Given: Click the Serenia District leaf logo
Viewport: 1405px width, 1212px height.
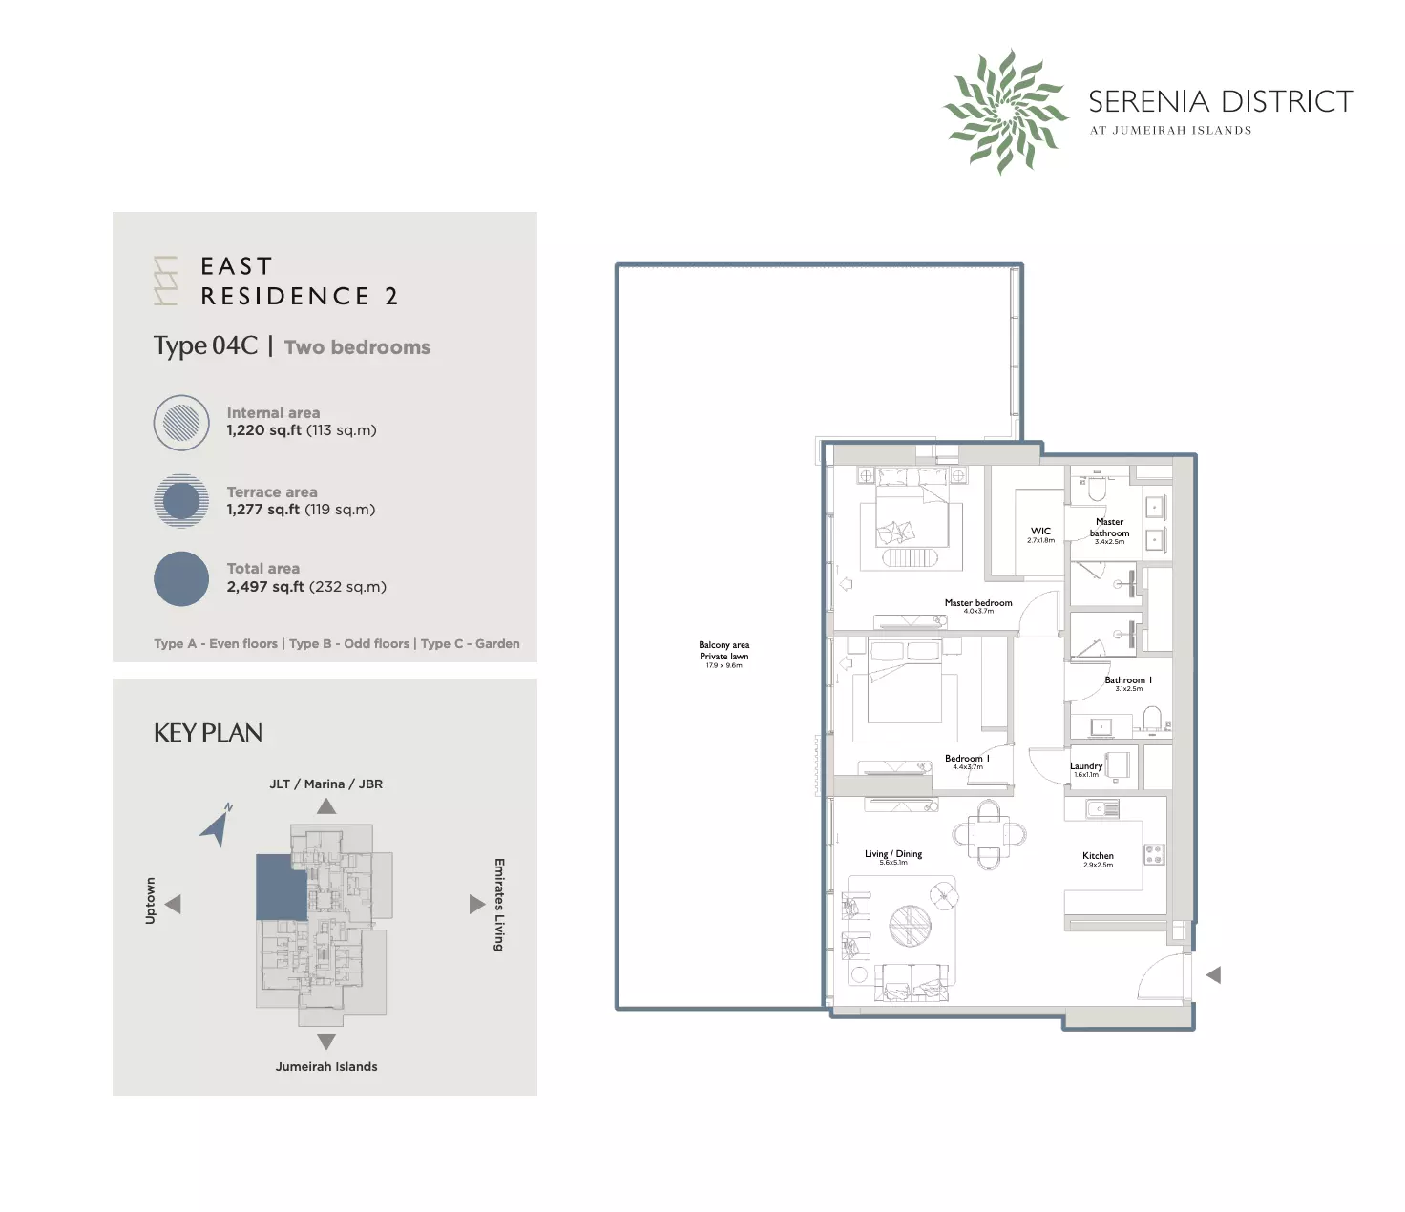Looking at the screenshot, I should (x=1005, y=112).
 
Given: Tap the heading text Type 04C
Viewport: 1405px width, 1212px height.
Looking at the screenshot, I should (x=205, y=345).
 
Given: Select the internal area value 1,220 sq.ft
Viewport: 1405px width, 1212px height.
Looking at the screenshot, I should (x=263, y=430).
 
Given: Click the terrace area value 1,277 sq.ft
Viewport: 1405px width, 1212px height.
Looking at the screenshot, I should (x=262, y=510).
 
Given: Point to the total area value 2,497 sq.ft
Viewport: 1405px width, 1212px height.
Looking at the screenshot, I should (x=264, y=587).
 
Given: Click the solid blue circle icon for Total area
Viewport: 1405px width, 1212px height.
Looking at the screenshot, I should (x=181, y=579).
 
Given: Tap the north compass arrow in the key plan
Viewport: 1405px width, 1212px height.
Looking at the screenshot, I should (x=218, y=825).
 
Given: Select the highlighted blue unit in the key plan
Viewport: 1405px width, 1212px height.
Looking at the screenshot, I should (x=282, y=887).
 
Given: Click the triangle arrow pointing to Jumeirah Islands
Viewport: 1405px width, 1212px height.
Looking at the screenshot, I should (x=326, y=1041).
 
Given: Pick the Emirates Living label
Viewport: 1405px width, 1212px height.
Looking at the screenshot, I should (x=499, y=904).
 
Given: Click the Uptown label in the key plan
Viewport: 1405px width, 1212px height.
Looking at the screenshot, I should (x=150, y=901).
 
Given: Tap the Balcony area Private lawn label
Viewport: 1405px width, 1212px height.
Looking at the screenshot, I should (x=723, y=651).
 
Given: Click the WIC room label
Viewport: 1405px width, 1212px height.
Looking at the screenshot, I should (x=1040, y=532).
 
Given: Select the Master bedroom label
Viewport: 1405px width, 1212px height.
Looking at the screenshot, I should (x=978, y=603).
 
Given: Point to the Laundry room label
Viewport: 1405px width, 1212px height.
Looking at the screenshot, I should (x=1085, y=766).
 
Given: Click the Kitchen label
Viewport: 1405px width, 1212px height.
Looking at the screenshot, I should (x=1098, y=856).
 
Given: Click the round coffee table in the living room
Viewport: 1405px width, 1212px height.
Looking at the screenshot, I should (x=910, y=925).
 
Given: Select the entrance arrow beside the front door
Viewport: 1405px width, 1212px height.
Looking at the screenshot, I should (x=1214, y=975).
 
